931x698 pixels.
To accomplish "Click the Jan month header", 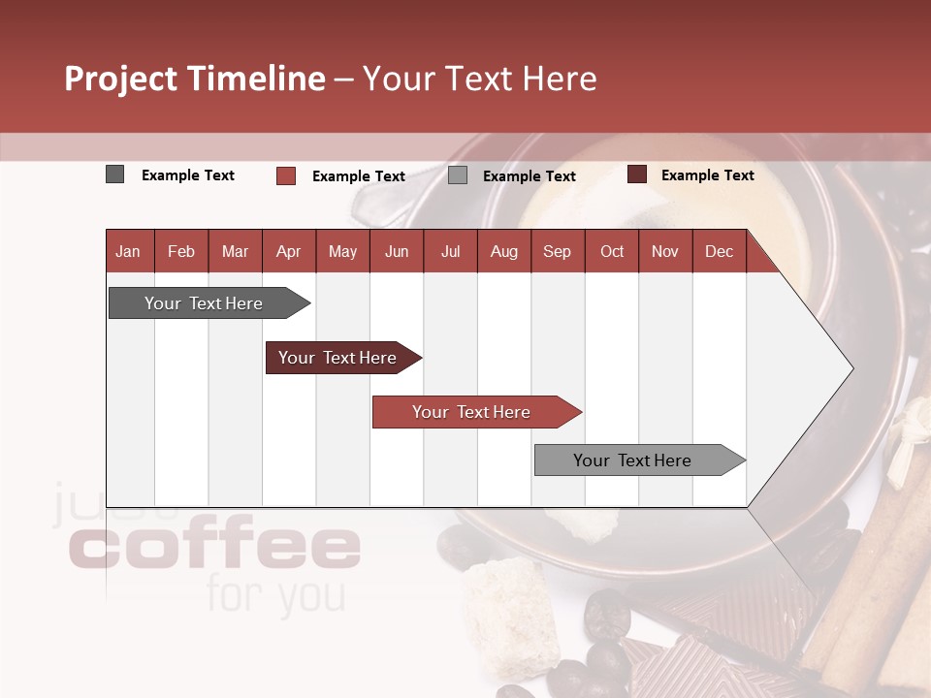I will coord(128,251).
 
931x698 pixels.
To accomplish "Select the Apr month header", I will coord(288,251).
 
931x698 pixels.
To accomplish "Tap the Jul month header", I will coord(450,251).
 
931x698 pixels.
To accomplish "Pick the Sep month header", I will coord(557,251).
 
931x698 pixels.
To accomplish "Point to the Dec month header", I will coord(719,251).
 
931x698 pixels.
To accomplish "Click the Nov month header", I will coord(664,251).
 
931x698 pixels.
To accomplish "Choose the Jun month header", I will coord(397,251).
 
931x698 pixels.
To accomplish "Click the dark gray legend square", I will coord(114,174).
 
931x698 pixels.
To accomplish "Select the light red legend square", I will coord(285,175).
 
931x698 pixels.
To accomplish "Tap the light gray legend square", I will coord(458,175).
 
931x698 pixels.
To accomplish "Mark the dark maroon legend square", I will coord(636,174).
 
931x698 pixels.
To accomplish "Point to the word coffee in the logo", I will coord(215,548).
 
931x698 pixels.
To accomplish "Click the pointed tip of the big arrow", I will coord(851,368).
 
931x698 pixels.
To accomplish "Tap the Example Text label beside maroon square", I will coord(707,174).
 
